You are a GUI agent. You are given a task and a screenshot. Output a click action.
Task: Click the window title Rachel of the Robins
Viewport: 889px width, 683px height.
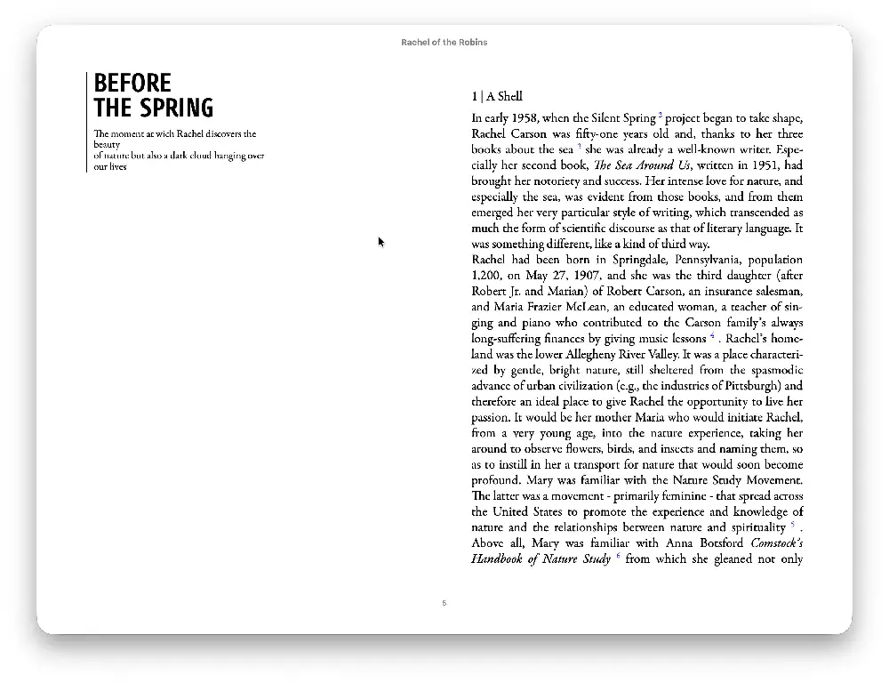(x=444, y=42)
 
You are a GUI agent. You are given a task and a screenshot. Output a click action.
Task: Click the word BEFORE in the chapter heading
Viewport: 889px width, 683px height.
(x=132, y=84)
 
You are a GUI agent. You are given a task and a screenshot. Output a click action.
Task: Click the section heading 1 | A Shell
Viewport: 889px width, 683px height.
(x=497, y=96)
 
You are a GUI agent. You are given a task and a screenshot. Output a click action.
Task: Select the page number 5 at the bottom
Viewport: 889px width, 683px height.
(x=444, y=603)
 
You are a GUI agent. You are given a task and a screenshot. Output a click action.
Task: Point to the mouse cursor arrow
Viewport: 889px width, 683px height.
(x=380, y=241)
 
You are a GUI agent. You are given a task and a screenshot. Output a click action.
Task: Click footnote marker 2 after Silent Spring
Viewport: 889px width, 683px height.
(x=661, y=116)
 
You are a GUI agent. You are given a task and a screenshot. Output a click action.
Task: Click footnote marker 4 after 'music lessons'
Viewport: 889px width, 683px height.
(x=712, y=337)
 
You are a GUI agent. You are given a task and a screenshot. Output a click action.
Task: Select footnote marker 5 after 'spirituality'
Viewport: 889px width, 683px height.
(x=792, y=525)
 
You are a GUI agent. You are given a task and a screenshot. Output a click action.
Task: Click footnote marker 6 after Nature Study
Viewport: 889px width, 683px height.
(x=618, y=557)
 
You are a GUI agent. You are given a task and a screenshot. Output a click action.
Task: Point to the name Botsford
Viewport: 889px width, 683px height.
(x=717, y=542)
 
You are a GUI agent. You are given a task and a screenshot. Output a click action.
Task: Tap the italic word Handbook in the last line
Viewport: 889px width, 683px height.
(x=500, y=558)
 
